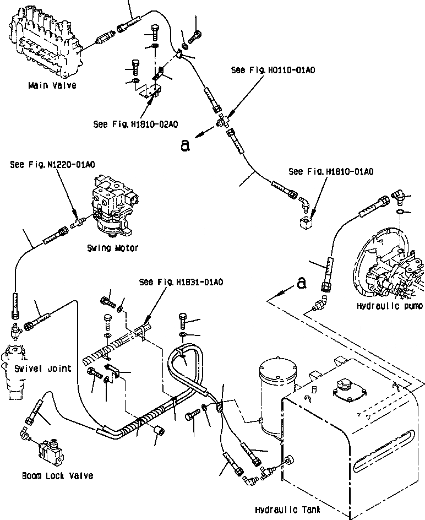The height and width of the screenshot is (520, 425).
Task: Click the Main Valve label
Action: (52, 85)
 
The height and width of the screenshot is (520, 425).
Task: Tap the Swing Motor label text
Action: (112, 248)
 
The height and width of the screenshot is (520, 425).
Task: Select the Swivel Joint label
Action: (43, 369)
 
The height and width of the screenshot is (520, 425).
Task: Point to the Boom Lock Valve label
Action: (58, 476)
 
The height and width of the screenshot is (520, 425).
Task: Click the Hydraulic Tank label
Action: (288, 510)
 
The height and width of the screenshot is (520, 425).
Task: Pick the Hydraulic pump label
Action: (390, 306)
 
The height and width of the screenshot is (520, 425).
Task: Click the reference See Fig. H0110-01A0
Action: (273, 70)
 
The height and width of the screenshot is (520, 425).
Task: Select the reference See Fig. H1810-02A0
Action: (135, 124)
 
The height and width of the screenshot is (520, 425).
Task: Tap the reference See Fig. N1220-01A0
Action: (52, 165)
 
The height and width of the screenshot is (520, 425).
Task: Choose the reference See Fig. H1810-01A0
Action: (331, 171)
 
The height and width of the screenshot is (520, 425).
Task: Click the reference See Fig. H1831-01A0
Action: (181, 282)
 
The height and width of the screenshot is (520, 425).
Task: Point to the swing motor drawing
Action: (115, 207)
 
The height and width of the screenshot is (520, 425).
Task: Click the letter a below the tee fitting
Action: (185, 145)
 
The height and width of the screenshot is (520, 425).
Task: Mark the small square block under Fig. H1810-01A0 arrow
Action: (306, 222)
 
